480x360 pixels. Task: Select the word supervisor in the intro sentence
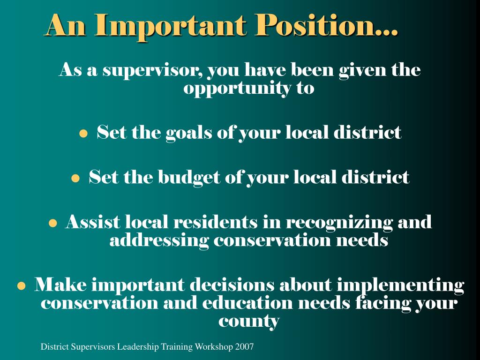[153, 71]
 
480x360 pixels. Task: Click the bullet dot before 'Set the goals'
[83, 134]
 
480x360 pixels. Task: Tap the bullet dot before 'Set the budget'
[75, 179]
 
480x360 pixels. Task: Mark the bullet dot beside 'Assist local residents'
[53, 223]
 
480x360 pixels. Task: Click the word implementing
[401, 285]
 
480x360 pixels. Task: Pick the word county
[249, 322]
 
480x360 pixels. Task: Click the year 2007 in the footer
[245, 347]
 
